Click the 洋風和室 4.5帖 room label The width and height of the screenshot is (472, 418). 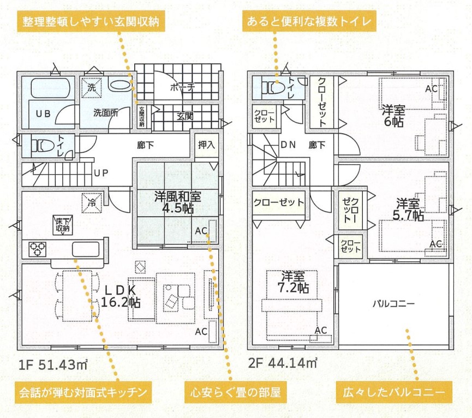pos(177,202)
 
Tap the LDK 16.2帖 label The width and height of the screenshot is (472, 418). pos(121,296)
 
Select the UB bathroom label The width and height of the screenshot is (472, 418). pos(43,114)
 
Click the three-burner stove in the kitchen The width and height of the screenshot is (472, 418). pos(38,249)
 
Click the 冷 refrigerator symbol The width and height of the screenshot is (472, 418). pos(92,203)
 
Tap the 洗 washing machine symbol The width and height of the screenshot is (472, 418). pos(92,88)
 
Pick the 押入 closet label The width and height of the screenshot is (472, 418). pos(206,145)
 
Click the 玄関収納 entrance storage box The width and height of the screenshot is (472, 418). pos(142,117)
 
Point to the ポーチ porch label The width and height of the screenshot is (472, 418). pos(182,87)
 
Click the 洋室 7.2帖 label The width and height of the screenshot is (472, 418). pos(293,282)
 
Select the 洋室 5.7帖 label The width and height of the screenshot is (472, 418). pos(408,210)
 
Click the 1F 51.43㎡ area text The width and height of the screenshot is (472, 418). pos(53,365)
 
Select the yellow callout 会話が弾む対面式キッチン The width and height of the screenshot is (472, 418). pos(83,392)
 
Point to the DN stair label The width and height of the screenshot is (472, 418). pos(288,145)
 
